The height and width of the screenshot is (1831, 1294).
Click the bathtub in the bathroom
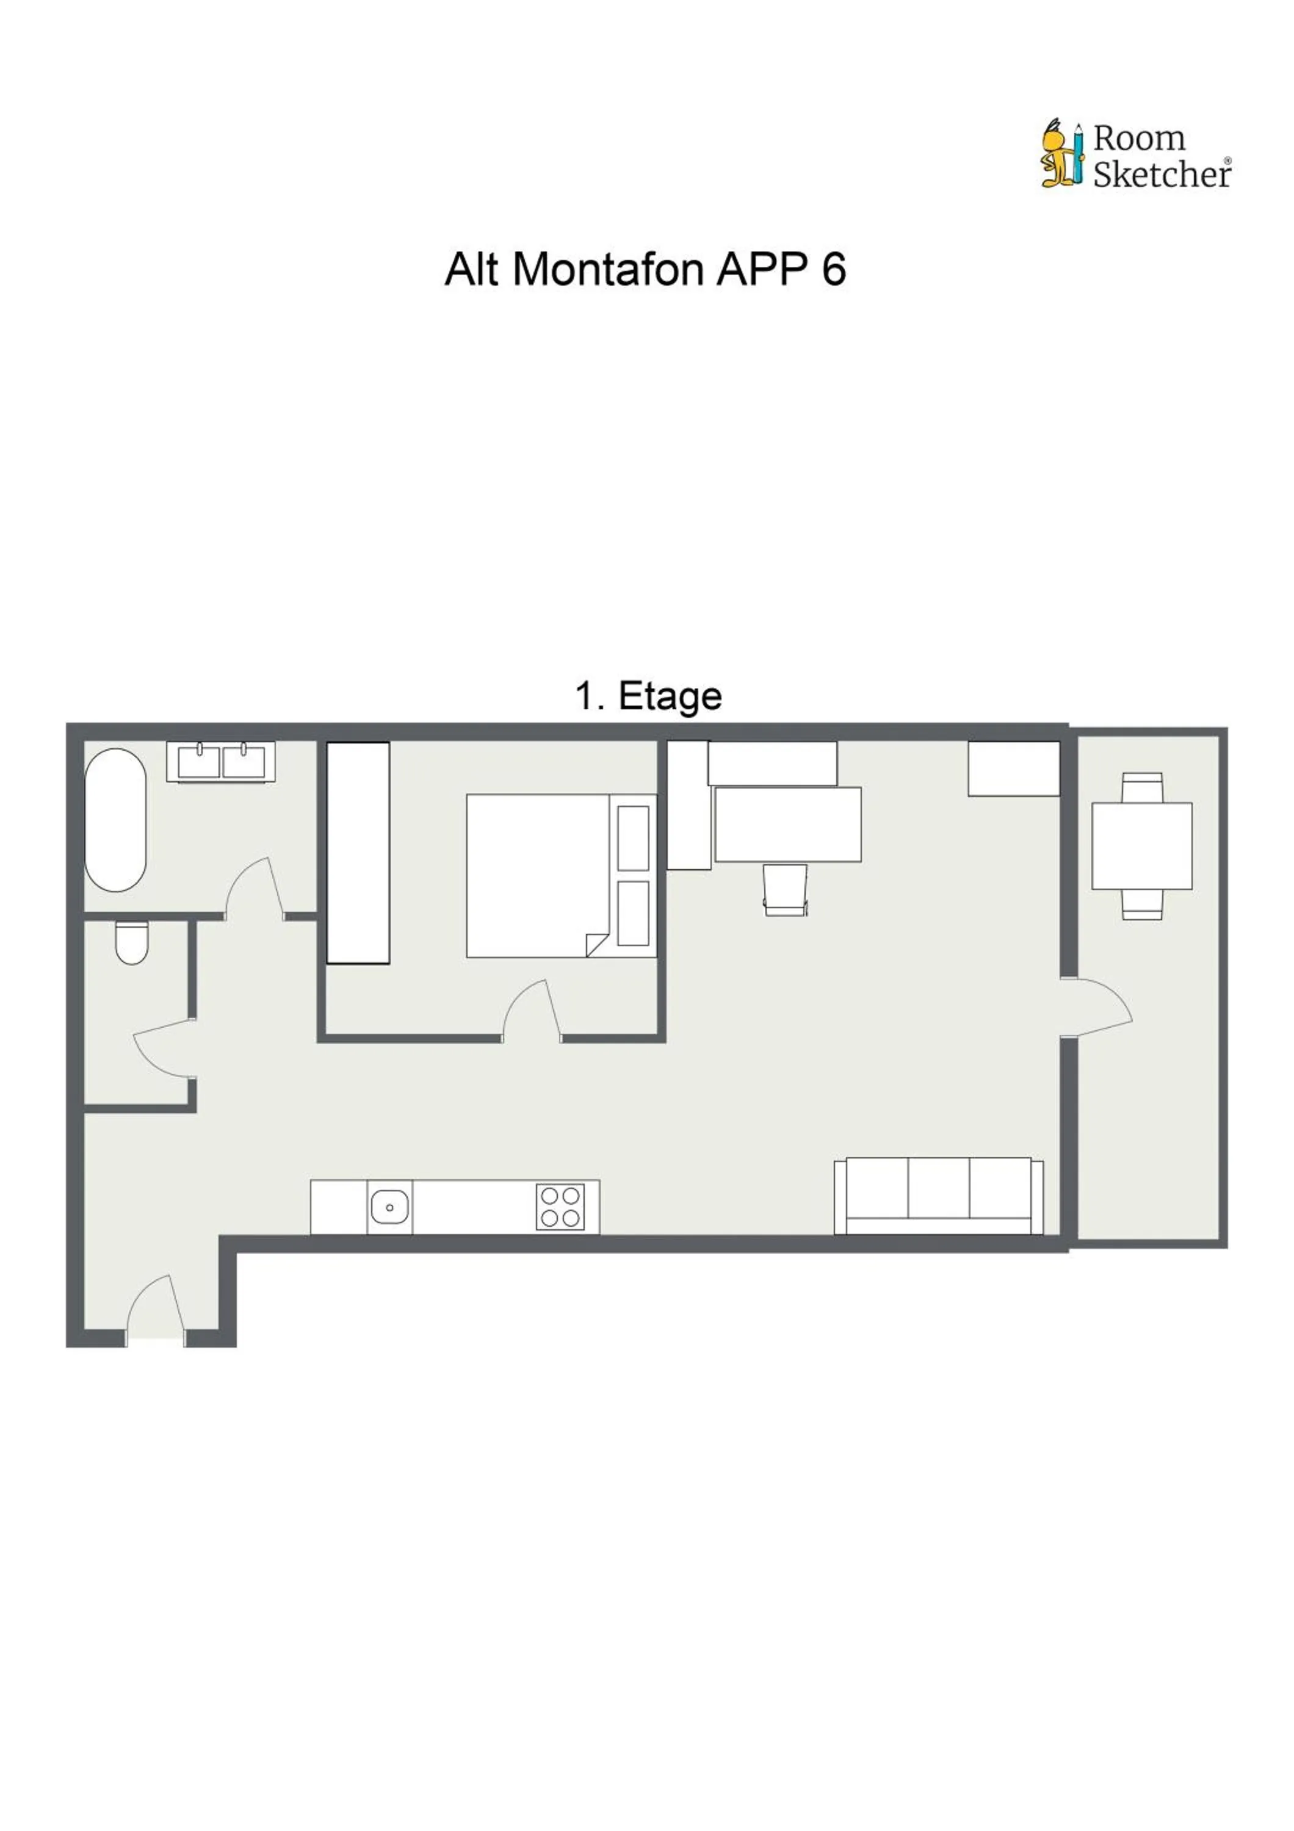tap(115, 819)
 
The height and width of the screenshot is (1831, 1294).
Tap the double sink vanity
tap(221, 762)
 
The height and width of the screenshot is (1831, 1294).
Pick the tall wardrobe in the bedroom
tap(358, 853)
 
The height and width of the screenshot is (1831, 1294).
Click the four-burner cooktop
tap(560, 1207)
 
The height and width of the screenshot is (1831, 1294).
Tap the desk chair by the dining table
tap(786, 889)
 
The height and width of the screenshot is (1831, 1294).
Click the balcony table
tap(1142, 845)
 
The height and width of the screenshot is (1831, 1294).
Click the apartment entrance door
tap(154, 1308)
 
